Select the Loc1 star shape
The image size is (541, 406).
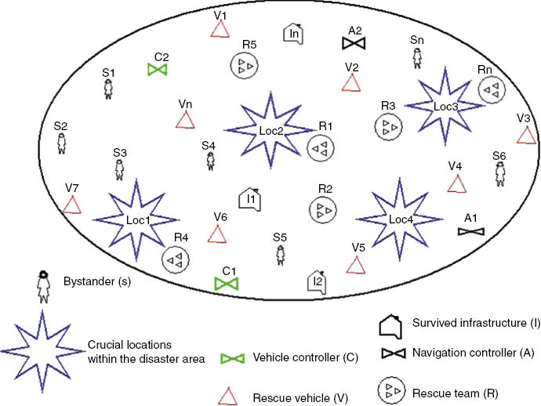[x=137, y=220]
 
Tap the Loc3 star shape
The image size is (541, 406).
[x=445, y=104]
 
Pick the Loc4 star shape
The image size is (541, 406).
[x=401, y=219]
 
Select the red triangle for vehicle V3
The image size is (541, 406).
[x=526, y=135]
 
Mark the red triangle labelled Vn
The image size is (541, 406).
[x=185, y=121]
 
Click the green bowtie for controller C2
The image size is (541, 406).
[x=158, y=70]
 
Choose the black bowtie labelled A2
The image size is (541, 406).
[x=355, y=44]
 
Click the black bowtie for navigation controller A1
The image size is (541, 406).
[x=471, y=231]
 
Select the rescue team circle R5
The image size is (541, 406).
[x=245, y=66]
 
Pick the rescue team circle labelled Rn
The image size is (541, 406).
[x=491, y=91]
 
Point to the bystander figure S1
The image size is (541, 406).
[x=109, y=88]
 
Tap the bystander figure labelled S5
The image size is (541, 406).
[x=280, y=255]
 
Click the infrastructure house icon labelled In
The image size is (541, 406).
[x=293, y=33]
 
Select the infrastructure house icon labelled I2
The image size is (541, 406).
[x=317, y=281]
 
